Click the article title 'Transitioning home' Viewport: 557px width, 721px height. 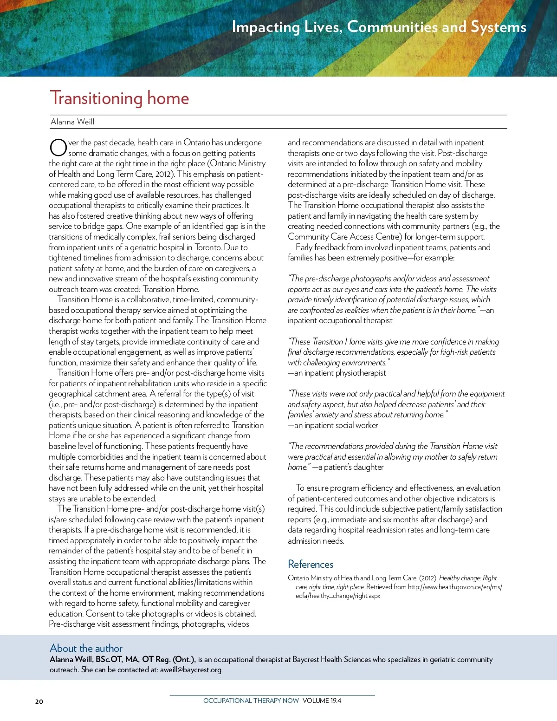click(119, 98)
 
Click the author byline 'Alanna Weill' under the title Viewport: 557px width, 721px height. click(72, 122)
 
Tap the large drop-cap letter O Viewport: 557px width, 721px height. click(58, 148)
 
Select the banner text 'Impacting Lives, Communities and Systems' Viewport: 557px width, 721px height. click(379, 27)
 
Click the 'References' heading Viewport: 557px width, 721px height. click(311, 564)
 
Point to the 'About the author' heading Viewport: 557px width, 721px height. click(86, 648)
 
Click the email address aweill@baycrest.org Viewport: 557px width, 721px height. click(190, 669)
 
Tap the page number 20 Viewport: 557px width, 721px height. click(39, 702)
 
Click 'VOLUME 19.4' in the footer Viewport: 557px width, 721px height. click(322, 701)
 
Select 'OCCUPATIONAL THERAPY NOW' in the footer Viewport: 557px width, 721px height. click(251, 701)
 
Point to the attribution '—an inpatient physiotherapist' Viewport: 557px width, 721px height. click(337, 373)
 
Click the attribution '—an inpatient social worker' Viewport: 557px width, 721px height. click(333, 425)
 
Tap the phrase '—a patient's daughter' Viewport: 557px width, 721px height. click(348, 467)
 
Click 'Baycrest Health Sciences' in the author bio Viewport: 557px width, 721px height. click(331, 659)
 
